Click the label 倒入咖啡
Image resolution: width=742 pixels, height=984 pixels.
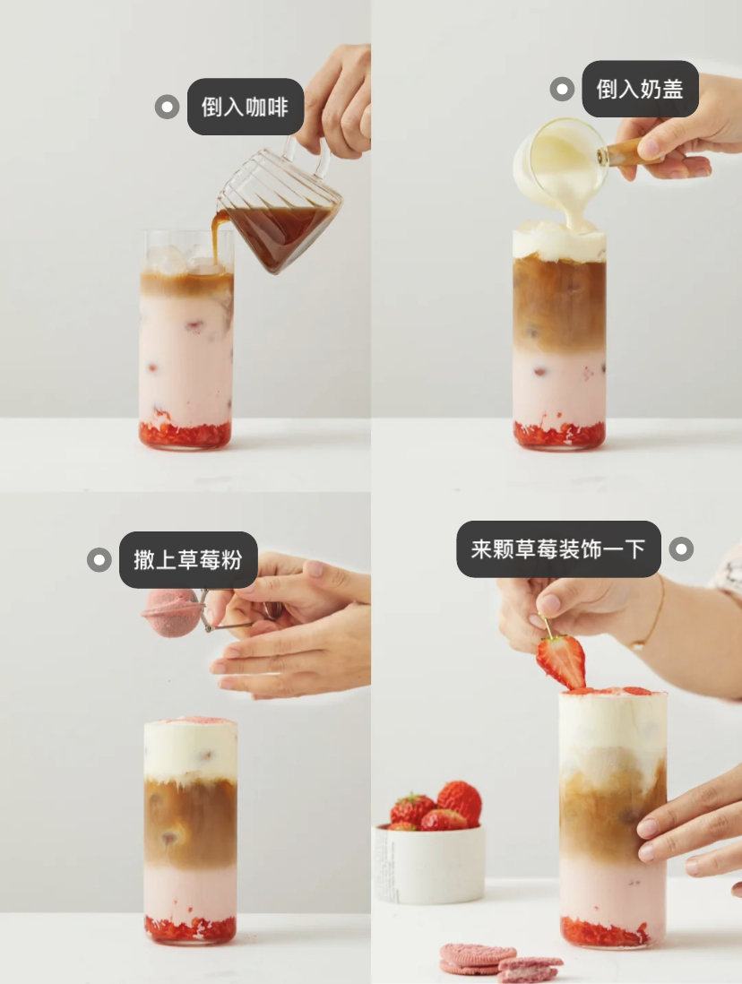click(245, 107)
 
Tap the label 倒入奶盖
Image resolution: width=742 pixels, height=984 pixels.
click(639, 89)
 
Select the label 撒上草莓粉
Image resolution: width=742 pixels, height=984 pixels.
click(188, 560)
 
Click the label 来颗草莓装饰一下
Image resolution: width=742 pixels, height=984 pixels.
click(558, 548)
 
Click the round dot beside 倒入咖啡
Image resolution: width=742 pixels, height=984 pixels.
click(168, 107)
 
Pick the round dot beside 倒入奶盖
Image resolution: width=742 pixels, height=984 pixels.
click(562, 89)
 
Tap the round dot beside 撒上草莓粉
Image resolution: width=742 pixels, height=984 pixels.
click(99, 560)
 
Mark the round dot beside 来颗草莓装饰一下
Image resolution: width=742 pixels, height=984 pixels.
click(682, 548)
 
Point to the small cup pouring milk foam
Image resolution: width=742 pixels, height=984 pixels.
click(560, 161)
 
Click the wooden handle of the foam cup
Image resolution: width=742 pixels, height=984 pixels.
click(629, 151)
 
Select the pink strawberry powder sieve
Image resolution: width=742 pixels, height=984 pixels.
click(172, 613)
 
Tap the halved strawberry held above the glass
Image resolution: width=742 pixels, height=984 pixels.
click(562, 660)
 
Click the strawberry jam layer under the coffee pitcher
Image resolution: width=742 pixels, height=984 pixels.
click(185, 436)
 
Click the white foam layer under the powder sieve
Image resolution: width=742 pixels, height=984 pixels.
click(190, 750)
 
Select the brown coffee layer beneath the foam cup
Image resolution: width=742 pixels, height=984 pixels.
click(558, 305)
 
